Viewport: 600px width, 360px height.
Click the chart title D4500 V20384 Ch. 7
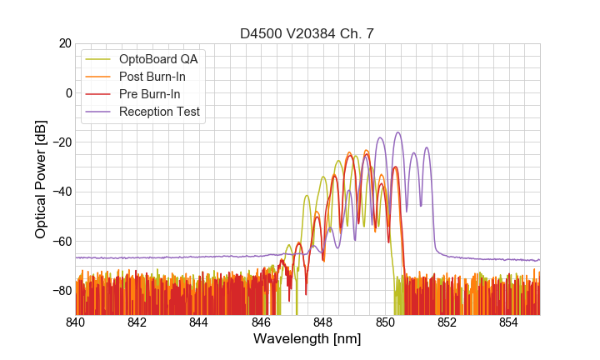[307, 33]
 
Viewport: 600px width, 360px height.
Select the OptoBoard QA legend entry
[162, 59]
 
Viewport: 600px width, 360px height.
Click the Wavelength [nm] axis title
[307, 339]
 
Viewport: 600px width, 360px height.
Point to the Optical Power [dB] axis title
[41, 179]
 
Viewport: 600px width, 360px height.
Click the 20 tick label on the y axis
[64, 43]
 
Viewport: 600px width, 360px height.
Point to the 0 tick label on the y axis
[67, 92]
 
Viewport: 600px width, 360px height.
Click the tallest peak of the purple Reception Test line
[398, 132]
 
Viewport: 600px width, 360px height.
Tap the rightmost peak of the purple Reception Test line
[427, 148]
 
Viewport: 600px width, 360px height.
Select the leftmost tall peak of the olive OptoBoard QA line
[307, 196]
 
